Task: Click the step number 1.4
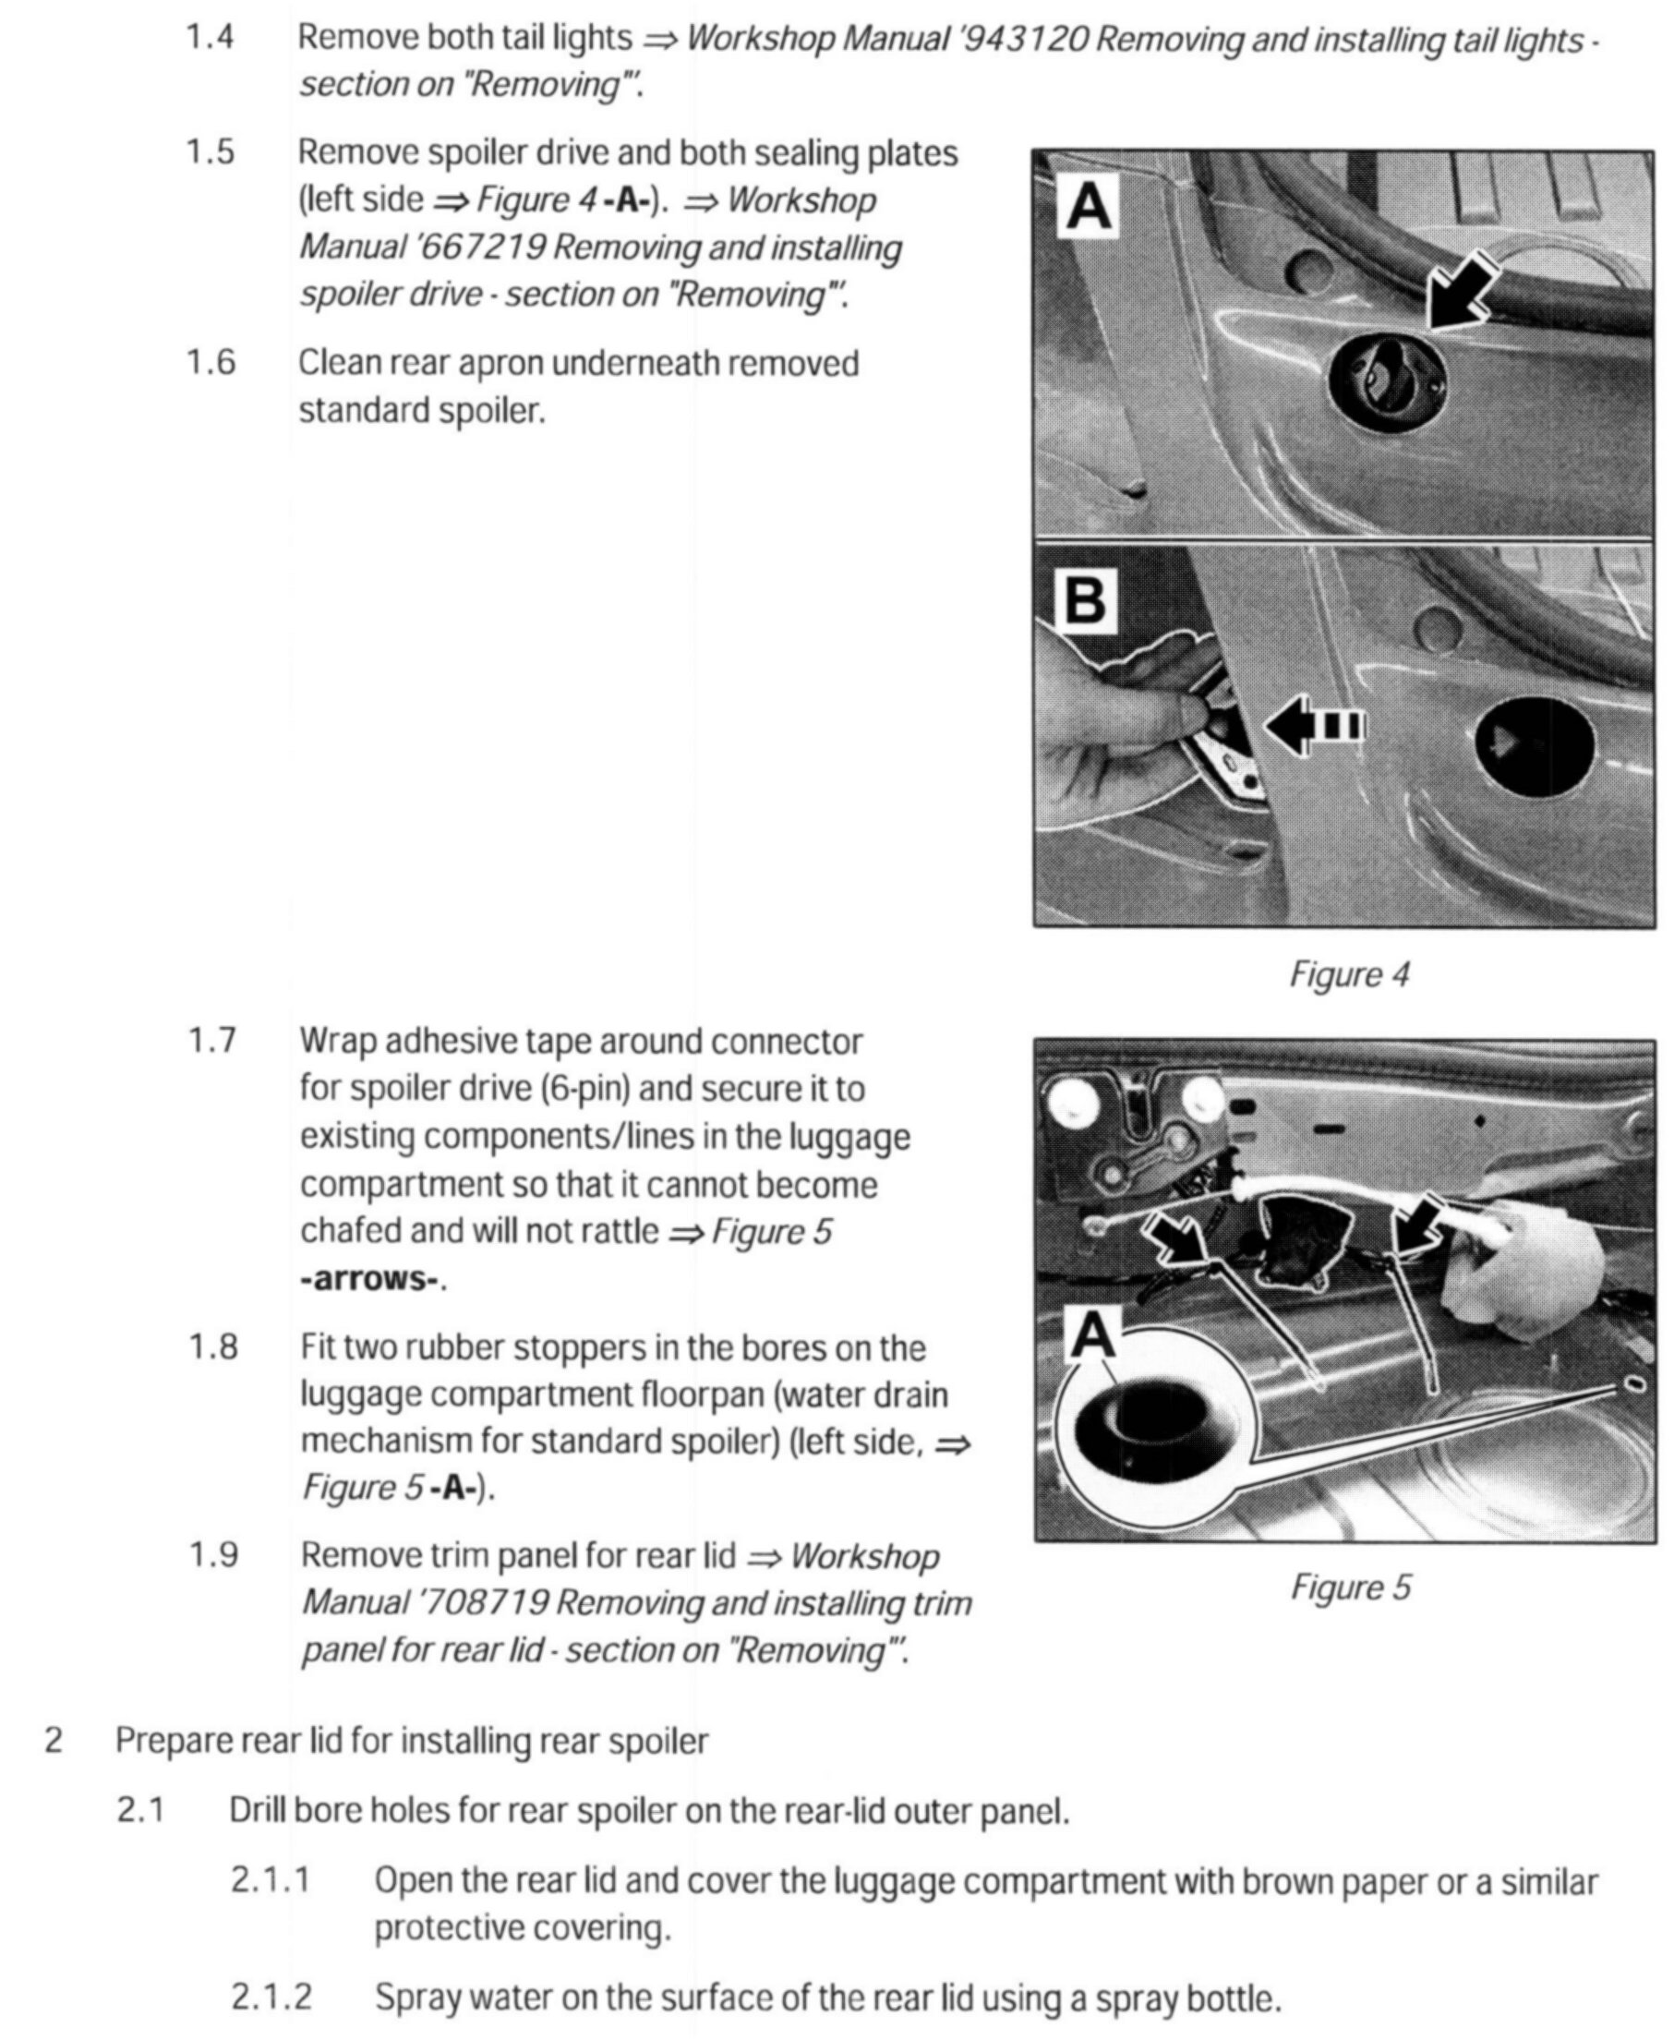[x=210, y=38]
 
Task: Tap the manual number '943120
[x=1025, y=40]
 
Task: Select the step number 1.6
[x=211, y=364]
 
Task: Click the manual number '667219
[x=480, y=247]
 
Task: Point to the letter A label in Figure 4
[x=1088, y=207]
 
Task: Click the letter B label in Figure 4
[x=1086, y=600]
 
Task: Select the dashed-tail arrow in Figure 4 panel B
[x=1313, y=725]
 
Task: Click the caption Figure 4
[x=1348, y=974]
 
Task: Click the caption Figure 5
[x=1349, y=1586]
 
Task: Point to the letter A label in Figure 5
[x=1093, y=1336]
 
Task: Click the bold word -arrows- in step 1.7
[x=371, y=1279]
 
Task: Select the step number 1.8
[x=212, y=1347]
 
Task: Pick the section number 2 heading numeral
[x=54, y=1741]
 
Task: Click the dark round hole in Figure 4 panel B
[x=1534, y=743]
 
